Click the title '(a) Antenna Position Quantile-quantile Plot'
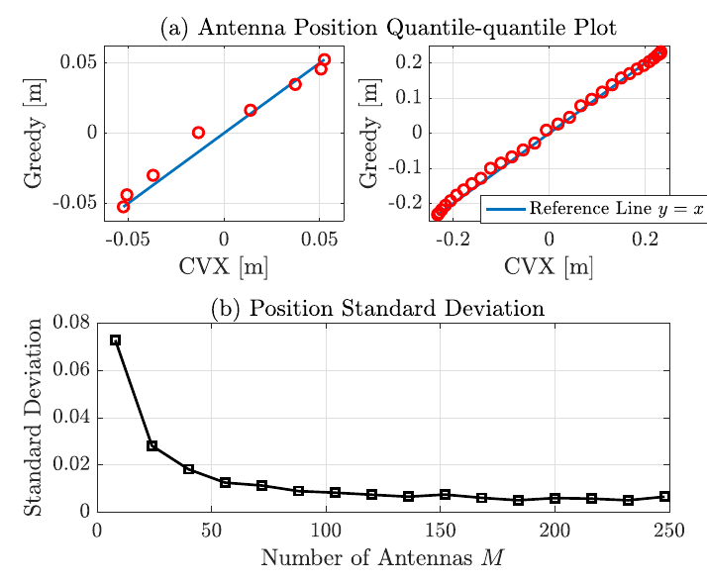click(388, 28)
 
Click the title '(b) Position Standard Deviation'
click(377, 308)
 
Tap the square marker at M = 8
click(115, 341)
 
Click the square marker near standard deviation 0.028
click(151, 445)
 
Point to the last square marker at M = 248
click(664, 496)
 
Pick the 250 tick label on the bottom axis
click(669, 531)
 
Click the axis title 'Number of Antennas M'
click(382, 558)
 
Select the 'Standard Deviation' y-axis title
click(34, 417)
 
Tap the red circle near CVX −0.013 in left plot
click(198, 133)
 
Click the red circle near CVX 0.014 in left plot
click(251, 110)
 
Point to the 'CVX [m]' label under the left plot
click(224, 266)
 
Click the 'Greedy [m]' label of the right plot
click(369, 133)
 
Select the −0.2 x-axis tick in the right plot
click(453, 240)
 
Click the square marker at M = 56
click(225, 482)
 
